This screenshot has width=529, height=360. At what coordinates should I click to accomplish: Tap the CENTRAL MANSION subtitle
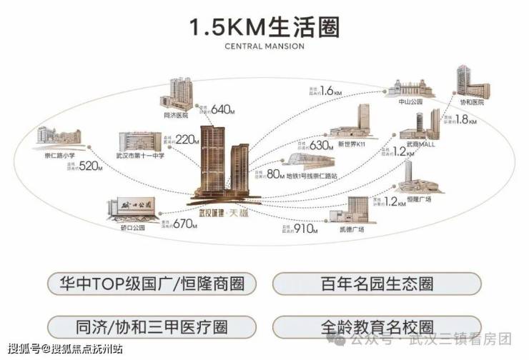point(264,46)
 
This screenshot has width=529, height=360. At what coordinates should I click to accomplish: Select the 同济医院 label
point(175,114)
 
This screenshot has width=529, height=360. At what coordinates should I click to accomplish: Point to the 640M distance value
point(222,109)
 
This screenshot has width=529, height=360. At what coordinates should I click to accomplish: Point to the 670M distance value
point(183,223)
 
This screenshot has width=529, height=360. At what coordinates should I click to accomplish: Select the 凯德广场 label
point(352,229)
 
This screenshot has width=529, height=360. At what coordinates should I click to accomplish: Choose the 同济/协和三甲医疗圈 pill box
point(152,328)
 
